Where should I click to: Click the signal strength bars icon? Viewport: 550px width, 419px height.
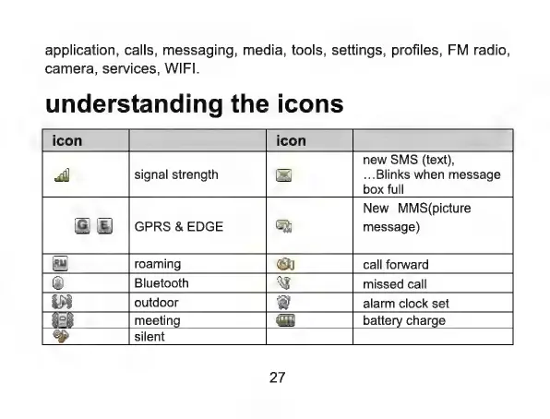(62, 174)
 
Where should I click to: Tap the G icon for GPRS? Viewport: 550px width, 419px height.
(82, 225)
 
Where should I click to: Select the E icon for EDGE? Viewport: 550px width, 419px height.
(104, 225)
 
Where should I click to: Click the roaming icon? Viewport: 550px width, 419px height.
(60, 264)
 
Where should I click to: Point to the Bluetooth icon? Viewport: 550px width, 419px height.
(58, 282)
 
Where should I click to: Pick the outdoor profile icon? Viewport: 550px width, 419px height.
(62, 302)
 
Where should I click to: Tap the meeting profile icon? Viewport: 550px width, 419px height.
(63, 319)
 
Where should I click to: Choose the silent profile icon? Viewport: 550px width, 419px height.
(61, 336)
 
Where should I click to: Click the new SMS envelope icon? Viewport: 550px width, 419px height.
(284, 174)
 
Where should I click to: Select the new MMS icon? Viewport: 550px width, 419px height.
(284, 226)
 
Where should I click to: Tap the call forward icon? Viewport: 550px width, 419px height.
(285, 264)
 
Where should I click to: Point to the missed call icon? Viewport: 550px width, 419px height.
(283, 282)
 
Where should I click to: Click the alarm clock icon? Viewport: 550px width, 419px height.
(283, 302)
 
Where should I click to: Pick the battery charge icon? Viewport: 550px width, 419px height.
(285, 320)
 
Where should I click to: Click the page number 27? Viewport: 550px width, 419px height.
(277, 377)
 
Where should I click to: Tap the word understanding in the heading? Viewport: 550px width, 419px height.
(134, 105)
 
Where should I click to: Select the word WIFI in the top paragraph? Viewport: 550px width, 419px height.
(182, 68)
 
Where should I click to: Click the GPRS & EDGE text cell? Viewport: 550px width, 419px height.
(178, 226)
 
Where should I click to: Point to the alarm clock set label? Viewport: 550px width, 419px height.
(406, 304)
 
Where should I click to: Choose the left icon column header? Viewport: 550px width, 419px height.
(67, 140)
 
